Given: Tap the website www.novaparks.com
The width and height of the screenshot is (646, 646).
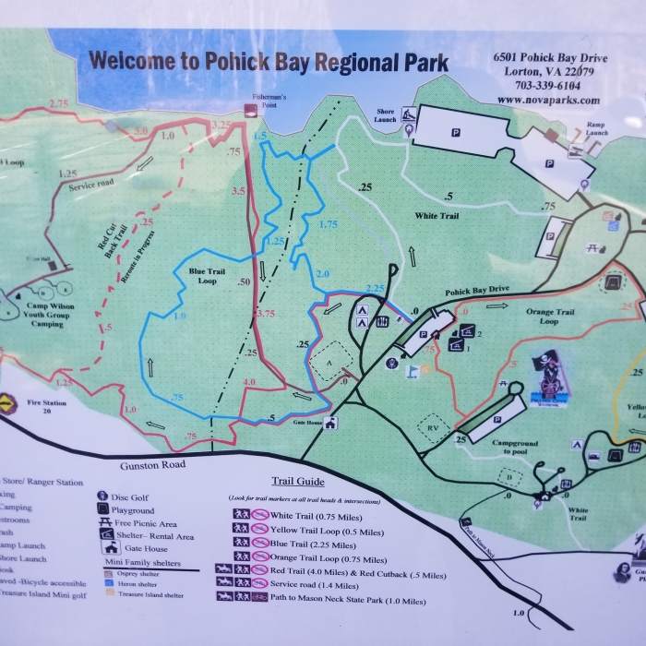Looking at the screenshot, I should (x=547, y=100).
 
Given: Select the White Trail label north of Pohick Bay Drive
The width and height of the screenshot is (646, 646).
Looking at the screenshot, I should (x=436, y=214).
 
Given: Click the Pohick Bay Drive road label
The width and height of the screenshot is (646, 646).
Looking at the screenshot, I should (x=477, y=291).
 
